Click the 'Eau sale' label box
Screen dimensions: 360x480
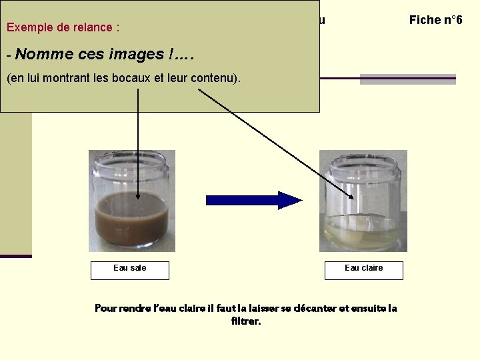(130, 269)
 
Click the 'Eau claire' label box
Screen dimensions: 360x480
(363, 269)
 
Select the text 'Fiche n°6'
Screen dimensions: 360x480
(435, 20)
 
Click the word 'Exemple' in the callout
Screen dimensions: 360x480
(28, 27)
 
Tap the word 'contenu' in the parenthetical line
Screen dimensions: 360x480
(213, 79)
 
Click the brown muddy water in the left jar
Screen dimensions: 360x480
(132, 220)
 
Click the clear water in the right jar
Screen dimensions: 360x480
(363, 230)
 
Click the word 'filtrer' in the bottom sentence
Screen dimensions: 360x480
(245, 321)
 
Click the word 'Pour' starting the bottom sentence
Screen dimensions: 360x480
(107, 308)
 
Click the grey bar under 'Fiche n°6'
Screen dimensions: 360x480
(407, 79)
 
